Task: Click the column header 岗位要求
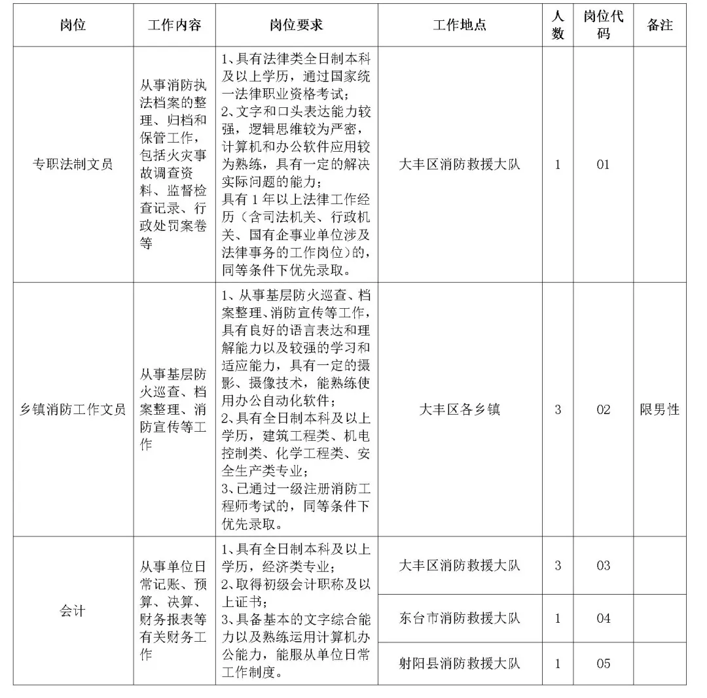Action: point(296,25)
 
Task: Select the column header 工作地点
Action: point(460,25)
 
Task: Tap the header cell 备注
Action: point(660,25)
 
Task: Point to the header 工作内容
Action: point(174,25)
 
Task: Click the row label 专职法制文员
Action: point(73,164)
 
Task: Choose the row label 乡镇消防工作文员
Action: point(73,410)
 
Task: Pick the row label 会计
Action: point(73,612)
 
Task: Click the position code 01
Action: point(603,164)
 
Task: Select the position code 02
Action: point(603,410)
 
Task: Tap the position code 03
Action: point(603,565)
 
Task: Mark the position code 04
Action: point(603,618)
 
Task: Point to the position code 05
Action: point(603,663)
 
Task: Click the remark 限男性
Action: point(660,410)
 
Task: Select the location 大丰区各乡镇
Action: point(460,410)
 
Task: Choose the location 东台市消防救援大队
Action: point(460,618)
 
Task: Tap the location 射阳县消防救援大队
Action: point(460,663)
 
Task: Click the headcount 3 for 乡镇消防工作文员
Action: point(558,410)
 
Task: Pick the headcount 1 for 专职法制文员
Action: point(558,164)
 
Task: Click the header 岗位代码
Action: point(603,25)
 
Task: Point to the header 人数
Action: point(558,25)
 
